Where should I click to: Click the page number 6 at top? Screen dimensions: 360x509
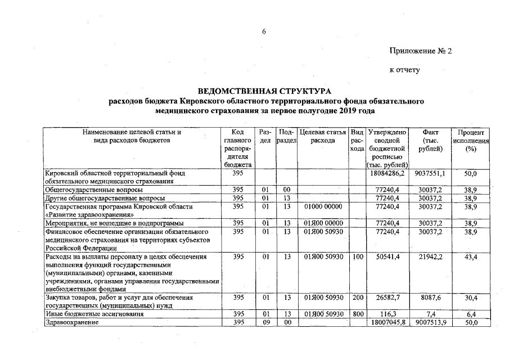coord(263,31)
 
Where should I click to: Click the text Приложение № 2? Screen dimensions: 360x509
coord(421,51)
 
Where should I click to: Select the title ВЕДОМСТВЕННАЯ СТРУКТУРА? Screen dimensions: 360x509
coord(265,91)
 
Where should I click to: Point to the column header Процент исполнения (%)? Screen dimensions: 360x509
coord(471,140)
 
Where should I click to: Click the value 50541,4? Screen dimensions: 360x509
coord(388,257)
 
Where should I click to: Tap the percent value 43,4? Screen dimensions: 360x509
coord(471,257)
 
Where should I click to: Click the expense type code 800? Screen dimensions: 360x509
coord(357,314)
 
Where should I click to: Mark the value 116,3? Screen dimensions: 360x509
coord(388,314)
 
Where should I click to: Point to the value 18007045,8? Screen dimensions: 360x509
coord(387,322)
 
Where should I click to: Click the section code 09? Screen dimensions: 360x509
coord(267,322)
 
